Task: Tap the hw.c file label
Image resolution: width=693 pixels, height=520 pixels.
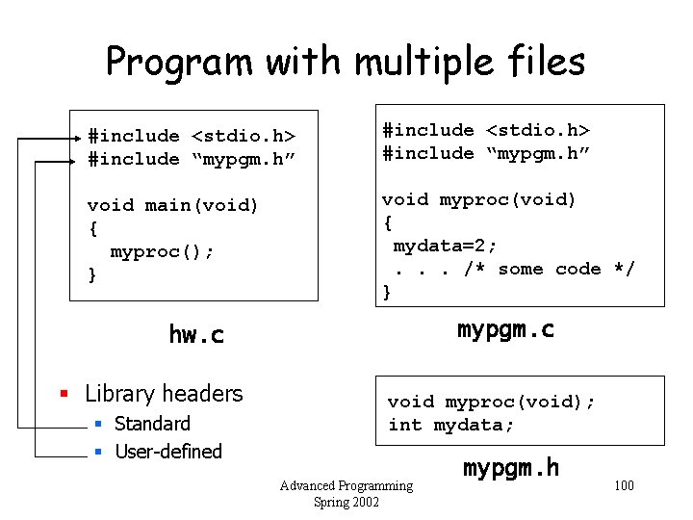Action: coord(195,334)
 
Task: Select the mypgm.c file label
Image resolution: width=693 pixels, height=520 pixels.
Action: coord(505,329)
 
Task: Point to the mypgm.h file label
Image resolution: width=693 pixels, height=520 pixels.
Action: coord(511,468)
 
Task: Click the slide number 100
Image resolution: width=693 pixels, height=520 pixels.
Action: coord(624,484)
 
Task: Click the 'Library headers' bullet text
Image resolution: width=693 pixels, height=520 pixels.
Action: coord(164,394)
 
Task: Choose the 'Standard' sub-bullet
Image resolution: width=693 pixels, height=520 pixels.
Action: coord(152,424)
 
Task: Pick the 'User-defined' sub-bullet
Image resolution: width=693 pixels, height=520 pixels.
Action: coord(167,452)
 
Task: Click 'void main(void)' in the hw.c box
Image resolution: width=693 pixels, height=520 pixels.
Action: coord(173,205)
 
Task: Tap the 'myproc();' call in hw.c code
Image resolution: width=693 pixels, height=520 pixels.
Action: coord(162,251)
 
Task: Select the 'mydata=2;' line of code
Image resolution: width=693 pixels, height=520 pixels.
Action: coord(445,246)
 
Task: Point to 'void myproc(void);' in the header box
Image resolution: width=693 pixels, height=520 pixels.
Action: coord(491,402)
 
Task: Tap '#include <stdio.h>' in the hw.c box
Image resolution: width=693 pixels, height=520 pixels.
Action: coord(191,136)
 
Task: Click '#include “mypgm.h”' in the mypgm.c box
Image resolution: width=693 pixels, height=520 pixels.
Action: coord(486,153)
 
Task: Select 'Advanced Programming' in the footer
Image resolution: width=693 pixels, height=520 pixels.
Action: coord(346,485)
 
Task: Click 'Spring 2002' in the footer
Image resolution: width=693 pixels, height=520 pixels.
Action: coord(346,502)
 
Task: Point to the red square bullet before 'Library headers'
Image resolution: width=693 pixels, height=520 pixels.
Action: coord(64,394)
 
